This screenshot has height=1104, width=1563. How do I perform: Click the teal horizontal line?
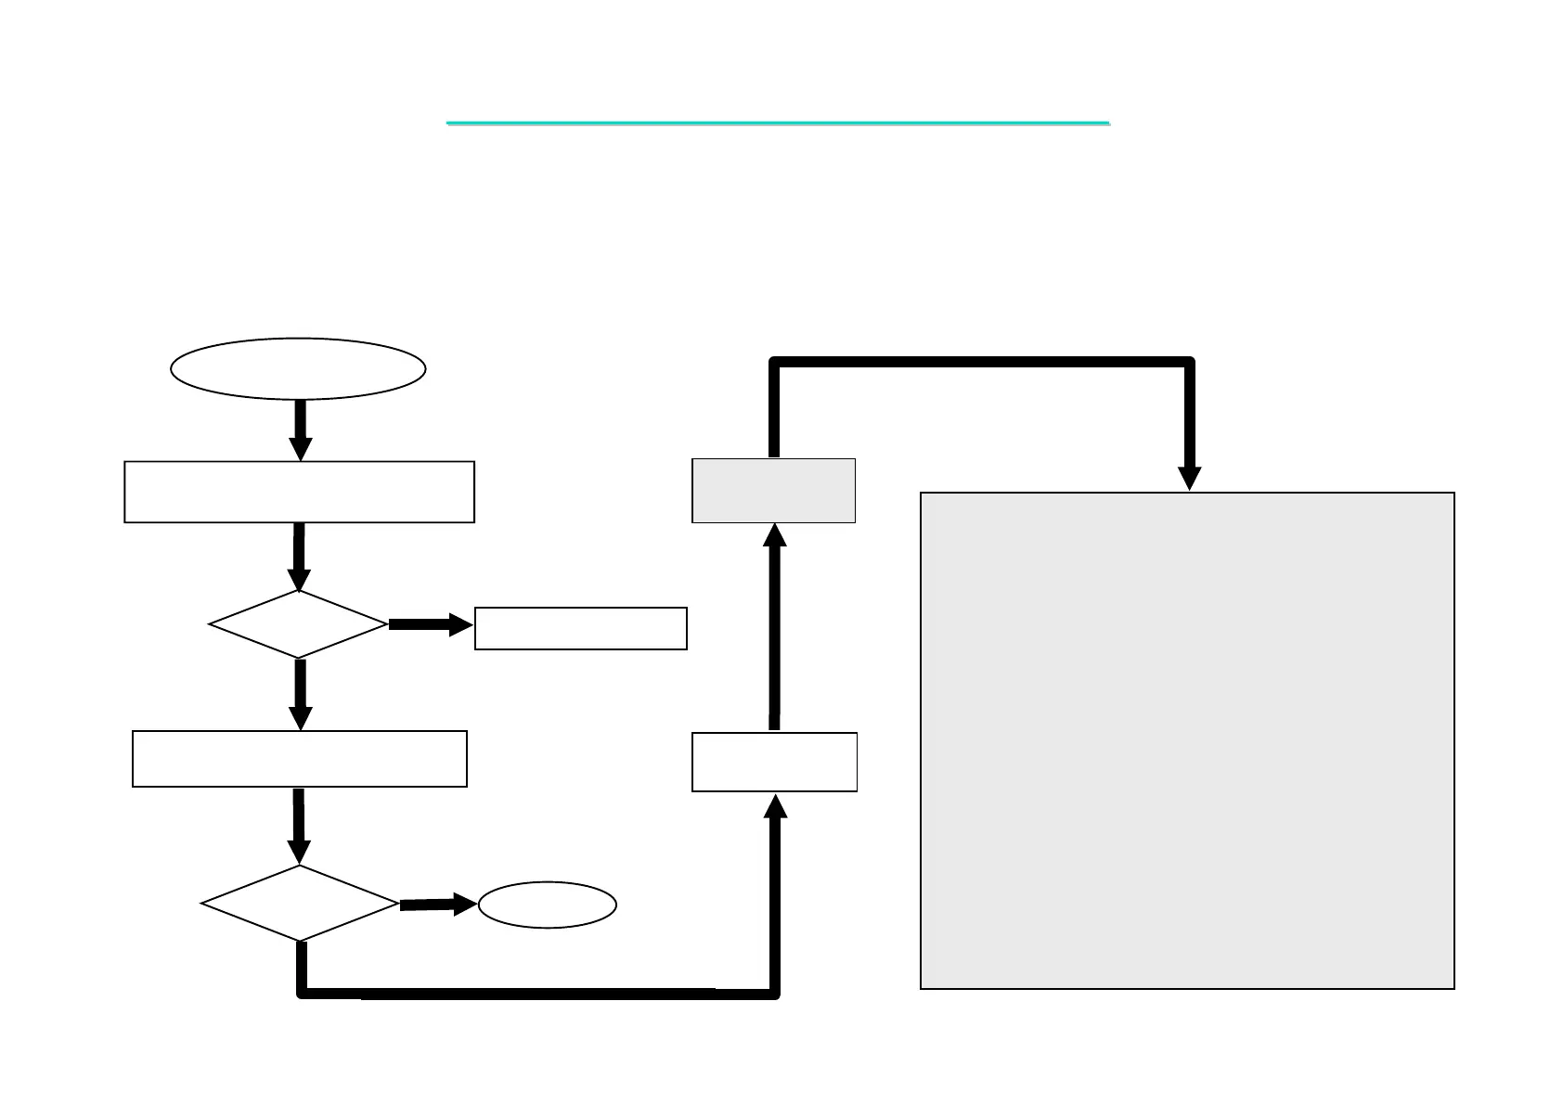pos(778,122)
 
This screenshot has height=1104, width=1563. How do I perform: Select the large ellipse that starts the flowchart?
pos(298,368)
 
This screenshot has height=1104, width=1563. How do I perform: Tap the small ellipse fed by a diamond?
pos(548,905)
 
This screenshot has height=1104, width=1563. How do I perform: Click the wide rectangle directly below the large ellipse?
pos(299,492)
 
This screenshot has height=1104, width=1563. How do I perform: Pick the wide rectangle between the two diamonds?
pos(299,759)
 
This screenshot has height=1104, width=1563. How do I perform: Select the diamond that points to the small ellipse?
pos(300,904)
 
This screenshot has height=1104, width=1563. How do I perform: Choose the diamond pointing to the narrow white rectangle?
pos(299,624)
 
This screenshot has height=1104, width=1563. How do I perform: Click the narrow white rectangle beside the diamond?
pos(580,628)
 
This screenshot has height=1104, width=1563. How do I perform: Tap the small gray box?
pos(773,491)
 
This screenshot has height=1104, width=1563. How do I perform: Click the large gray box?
pos(1186,740)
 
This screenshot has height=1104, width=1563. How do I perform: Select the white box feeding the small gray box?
pos(774,762)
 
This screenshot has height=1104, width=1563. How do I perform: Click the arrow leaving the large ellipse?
pos(300,430)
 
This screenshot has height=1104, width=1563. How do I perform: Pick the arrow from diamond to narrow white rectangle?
pos(430,624)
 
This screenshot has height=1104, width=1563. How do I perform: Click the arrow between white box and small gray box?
pos(775,627)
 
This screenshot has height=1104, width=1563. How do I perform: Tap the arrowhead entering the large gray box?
pos(1189,477)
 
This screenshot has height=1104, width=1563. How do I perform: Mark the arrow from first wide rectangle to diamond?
pos(299,557)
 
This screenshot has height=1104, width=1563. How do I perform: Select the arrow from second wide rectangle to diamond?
pos(299,826)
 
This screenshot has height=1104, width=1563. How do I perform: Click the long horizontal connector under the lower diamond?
pos(538,994)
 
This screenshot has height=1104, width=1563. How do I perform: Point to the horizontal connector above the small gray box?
pos(981,362)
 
